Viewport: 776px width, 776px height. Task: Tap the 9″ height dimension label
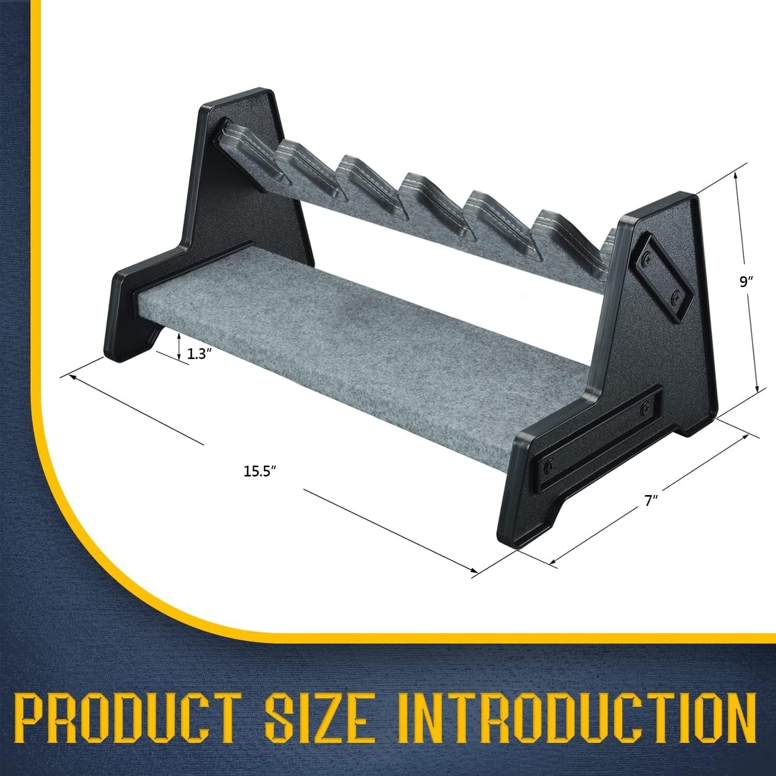tap(745, 282)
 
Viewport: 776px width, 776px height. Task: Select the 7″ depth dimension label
tap(651, 501)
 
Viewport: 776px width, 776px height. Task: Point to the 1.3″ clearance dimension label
tap(200, 354)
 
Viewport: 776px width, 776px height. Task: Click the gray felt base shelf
tap(362, 352)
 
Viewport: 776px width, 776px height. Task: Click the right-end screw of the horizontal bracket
tap(646, 409)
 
